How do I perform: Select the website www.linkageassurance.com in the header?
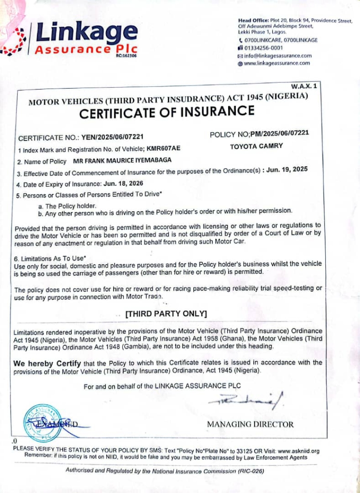point(277,63)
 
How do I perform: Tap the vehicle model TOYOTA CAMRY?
point(256,146)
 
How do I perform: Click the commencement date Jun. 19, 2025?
point(287,169)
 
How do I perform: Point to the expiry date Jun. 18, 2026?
point(123,183)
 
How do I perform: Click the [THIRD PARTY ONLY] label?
point(166,314)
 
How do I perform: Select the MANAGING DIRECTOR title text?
point(250,424)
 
